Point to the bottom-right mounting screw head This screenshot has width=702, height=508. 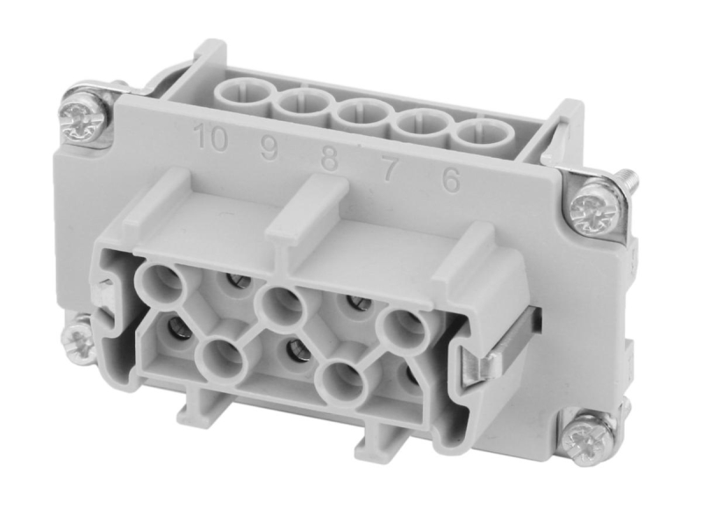tap(583, 436)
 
